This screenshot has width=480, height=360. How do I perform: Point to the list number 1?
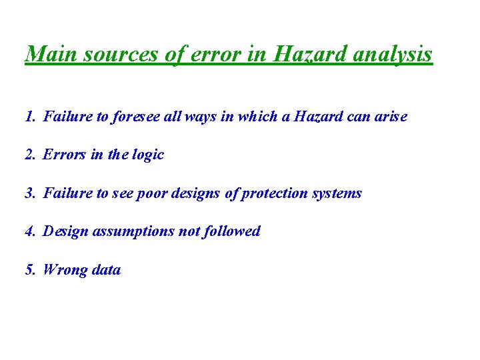click(29, 117)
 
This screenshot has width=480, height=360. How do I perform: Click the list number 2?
click(29, 155)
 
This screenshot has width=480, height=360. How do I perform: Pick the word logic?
click(147, 155)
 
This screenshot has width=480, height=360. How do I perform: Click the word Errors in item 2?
click(64, 155)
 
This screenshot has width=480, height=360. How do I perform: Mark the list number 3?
click(29, 193)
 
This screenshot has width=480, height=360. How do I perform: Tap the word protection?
click(275, 193)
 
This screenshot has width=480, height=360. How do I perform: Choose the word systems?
click(337, 193)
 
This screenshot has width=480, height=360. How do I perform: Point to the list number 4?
click(29, 231)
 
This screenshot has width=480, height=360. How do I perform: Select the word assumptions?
click(130, 231)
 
